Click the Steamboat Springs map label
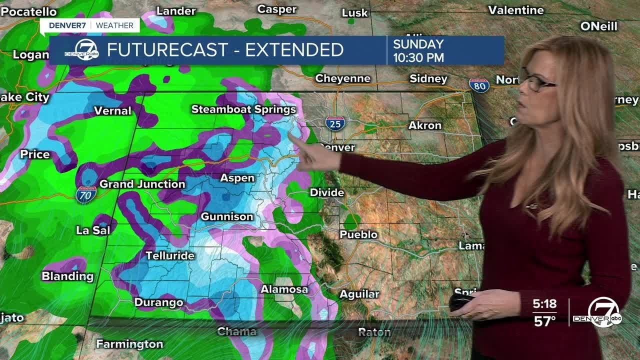243,109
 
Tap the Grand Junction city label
142,184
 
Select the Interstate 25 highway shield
335,123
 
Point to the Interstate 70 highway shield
86,194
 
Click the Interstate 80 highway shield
479,85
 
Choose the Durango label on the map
158,302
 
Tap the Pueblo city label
358,234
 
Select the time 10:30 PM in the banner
418,57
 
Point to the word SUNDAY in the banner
418,44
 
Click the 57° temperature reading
544,321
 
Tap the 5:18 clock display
544,304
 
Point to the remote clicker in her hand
460,301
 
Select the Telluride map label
169,255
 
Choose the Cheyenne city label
342,78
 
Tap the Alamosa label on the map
284,289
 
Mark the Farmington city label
129,344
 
